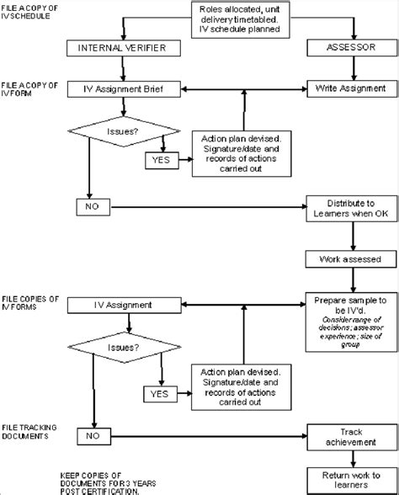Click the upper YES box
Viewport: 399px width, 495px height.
159,159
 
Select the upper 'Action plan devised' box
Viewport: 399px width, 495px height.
242,152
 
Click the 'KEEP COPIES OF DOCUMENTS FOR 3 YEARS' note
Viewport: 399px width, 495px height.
100,482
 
